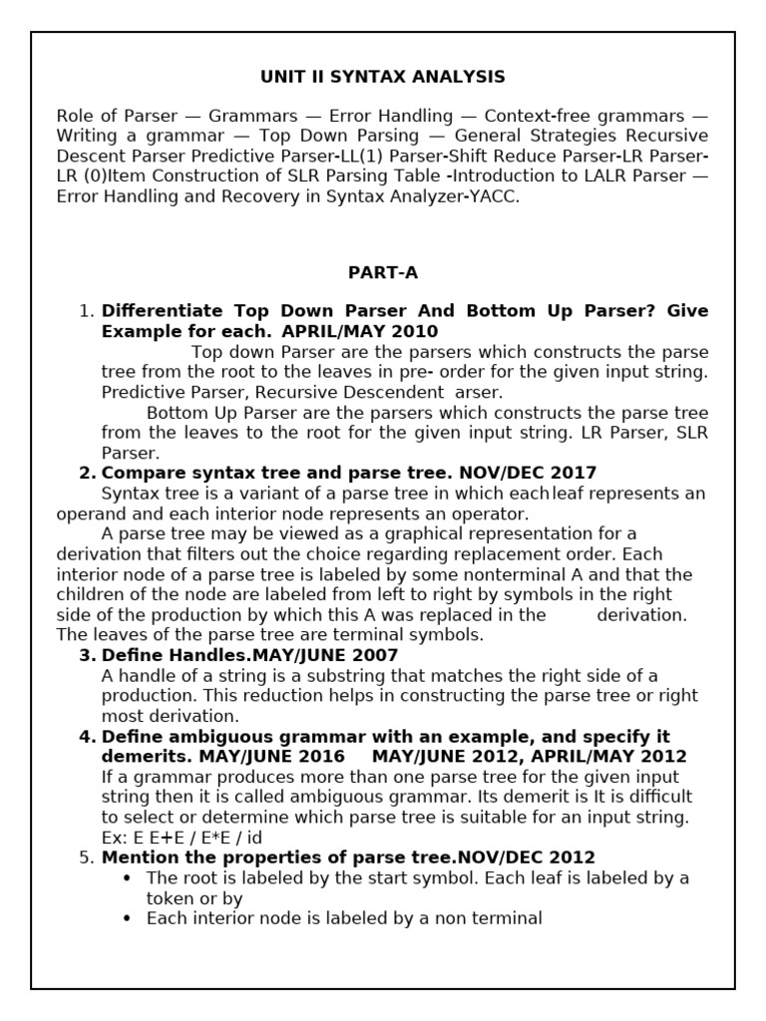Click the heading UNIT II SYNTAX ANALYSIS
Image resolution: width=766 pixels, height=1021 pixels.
click(383, 77)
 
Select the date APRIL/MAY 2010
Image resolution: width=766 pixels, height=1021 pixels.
click(360, 331)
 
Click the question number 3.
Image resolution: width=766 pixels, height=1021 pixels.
click(87, 655)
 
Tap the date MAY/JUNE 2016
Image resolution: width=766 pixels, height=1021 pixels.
click(272, 757)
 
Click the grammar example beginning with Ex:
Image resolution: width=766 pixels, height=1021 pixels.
click(182, 838)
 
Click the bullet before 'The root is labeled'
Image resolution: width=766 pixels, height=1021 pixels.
click(126, 878)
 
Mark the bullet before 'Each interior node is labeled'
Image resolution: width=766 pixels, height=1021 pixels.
click(126, 919)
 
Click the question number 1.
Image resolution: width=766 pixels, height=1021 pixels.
click(86, 311)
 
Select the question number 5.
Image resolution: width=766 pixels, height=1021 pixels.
click(86, 857)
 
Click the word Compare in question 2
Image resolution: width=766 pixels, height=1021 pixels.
click(140, 473)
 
